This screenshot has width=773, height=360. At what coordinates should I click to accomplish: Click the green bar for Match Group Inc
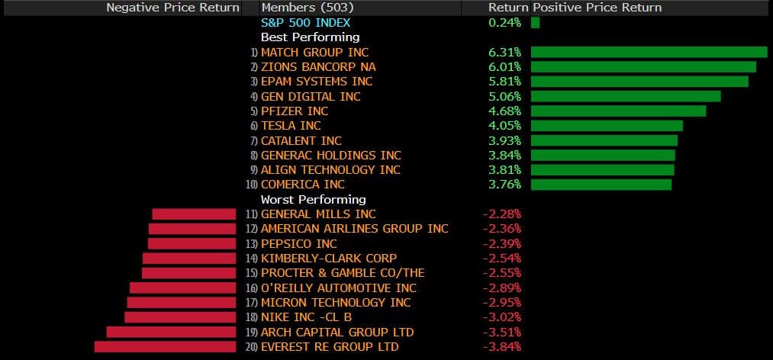(649, 52)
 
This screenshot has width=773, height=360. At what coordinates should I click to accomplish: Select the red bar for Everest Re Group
(165, 347)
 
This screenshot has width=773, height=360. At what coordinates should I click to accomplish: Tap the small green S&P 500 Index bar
(535, 22)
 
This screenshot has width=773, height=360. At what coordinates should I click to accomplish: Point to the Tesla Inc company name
(291, 126)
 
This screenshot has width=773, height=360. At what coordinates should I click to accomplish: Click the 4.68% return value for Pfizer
(504, 111)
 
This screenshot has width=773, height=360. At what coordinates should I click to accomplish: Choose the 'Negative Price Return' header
(172, 7)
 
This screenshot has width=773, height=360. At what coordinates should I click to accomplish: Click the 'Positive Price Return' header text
(597, 7)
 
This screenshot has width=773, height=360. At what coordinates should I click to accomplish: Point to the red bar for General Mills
(194, 214)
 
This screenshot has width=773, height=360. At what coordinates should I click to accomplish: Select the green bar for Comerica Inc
(601, 185)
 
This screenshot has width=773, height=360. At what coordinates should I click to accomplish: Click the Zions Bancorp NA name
(318, 66)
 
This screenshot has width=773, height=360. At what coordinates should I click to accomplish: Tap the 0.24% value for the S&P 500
(504, 22)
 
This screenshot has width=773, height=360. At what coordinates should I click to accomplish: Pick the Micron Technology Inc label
(336, 303)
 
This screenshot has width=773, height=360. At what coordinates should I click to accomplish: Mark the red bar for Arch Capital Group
(171, 333)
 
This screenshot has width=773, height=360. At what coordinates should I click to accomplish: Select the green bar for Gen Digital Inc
(626, 96)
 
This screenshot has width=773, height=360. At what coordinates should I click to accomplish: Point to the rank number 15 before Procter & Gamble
(252, 273)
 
